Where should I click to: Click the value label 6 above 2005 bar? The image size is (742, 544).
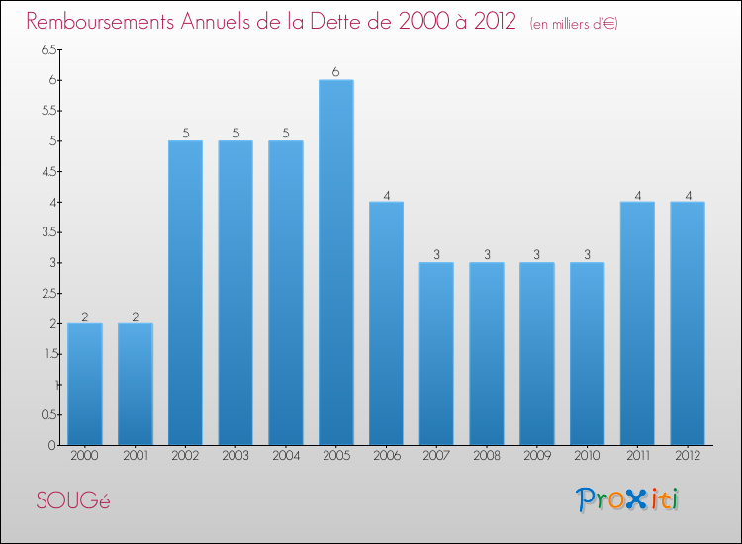pyautogui.click(x=335, y=72)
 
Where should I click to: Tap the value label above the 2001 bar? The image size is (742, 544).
pyautogui.click(x=136, y=317)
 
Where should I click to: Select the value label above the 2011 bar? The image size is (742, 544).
pyautogui.click(x=636, y=195)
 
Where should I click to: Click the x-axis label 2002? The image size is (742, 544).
pyautogui.click(x=185, y=456)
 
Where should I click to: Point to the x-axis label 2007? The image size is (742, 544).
pyautogui.click(x=435, y=456)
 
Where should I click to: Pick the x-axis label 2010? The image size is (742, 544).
pyautogui.click(x=586, y=456)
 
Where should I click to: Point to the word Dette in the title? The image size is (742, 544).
pyautogui.click(x=366, y=22)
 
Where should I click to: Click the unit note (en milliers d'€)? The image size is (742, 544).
pyautogui.click(x=574, y=24)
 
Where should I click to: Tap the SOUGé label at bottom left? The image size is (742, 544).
pyautogui.click(x=73, y=500)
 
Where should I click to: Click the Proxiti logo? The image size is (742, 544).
pyautogui.click(x=628, y=499)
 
